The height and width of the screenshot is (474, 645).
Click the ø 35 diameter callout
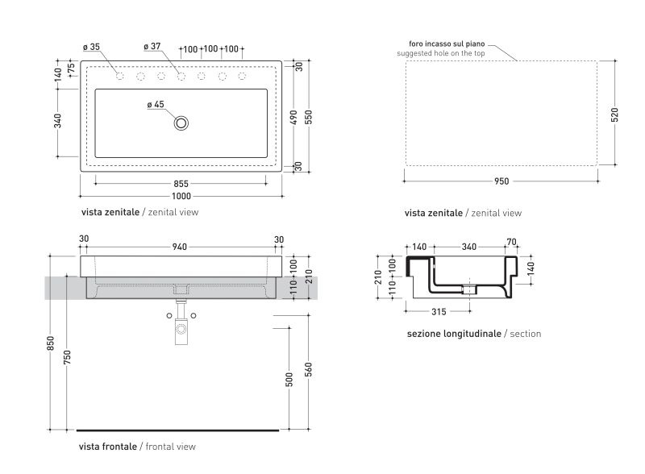pos(91,47)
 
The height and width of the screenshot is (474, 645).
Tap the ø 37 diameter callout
pos(152,47)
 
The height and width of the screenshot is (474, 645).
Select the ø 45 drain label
pos(156,105)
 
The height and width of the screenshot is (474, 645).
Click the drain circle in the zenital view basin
pos(181,123)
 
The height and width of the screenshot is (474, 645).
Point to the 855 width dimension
pos(181,184)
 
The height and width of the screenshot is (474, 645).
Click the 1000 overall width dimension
pos(181,196)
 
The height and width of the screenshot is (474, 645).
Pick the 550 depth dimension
pos(309,117)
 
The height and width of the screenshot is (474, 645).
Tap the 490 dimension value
pos(293,118)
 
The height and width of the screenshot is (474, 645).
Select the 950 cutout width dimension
pos(501,181)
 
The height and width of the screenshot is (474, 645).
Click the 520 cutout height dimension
pos(614,114)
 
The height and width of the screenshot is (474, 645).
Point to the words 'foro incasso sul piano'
pos(447,44)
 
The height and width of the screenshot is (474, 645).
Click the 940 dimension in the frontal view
pos(179,247)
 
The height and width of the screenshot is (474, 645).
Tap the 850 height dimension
pos(50,343)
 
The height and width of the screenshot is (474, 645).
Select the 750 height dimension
pos(67,357)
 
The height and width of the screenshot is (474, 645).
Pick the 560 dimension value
pos(309,369)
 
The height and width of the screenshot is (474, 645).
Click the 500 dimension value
pos(289,380)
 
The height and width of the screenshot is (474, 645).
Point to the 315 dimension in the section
pos(439,312)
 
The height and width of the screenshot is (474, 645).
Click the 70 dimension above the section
pos(511,242)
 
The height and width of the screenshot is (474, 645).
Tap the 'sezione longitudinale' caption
pos(454,334)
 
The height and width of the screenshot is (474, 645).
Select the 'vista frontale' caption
pos(108,447)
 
